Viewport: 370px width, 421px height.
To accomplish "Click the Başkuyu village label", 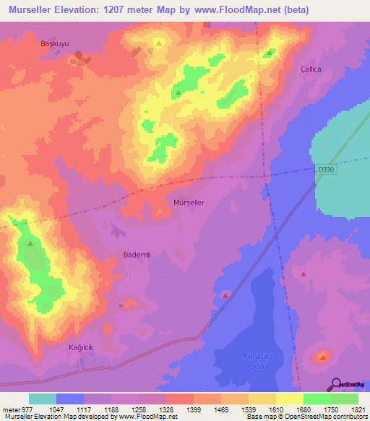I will tap(53, 43).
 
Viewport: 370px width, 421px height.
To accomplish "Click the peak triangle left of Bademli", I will tap(30, 244).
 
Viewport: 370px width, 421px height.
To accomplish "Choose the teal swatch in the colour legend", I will tap(43, 399).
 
